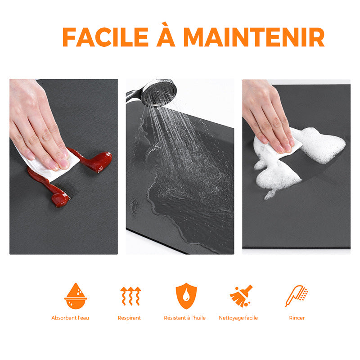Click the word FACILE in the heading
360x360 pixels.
[106, 37]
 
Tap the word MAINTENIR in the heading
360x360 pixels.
[254, 37]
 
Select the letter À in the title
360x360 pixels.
[166, 34]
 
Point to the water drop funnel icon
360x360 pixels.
[76, 296]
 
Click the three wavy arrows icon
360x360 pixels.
[130, 296]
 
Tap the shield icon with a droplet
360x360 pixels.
[186, 296]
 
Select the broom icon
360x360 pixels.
[241, 296]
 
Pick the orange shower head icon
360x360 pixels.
[297, 296]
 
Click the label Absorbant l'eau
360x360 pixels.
[70, 318]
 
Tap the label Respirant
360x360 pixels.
[129, 318]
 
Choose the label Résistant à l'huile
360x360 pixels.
[184, 318]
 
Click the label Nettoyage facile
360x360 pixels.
[238, 318]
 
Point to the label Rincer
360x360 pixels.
[297, 318]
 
